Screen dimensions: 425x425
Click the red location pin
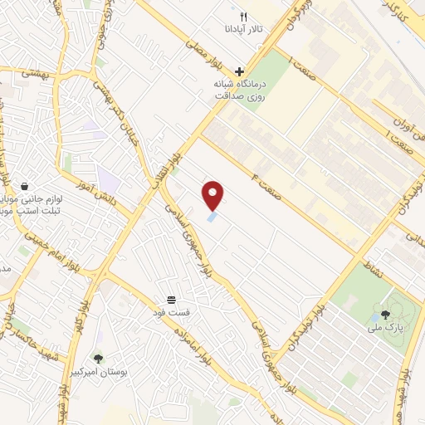coord(214,194)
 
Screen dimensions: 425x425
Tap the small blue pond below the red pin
coord(213,217)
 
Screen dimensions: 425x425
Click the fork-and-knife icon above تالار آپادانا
coord(243,16)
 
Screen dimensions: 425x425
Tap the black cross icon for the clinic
coord(240,71)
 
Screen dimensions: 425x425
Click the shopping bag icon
coord(25,188)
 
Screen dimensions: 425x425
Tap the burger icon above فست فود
coord(171,299)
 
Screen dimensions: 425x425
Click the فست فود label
coord(176,313)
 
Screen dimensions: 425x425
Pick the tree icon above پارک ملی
coord(385,315)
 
